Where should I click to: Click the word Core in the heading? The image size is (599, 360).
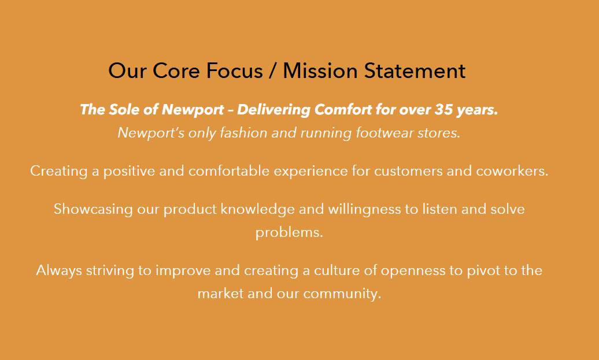point(176,70)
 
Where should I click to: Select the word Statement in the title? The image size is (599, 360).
point(415,70)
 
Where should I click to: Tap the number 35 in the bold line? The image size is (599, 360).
point(443,110)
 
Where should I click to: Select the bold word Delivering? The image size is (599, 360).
point(273,110)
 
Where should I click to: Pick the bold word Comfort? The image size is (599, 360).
point(343,110)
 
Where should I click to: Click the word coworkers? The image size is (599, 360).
point(512,170)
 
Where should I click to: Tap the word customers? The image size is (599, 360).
point(408,171)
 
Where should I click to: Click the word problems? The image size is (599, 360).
point(289,232)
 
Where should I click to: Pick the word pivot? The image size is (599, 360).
point(483,270)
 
